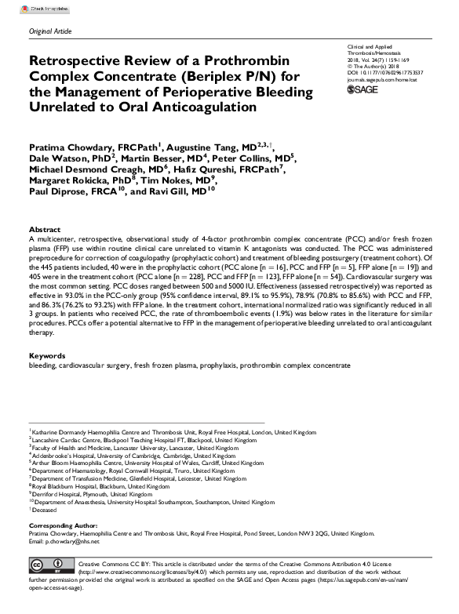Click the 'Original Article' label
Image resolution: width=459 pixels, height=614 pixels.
[x=49, y=29]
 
